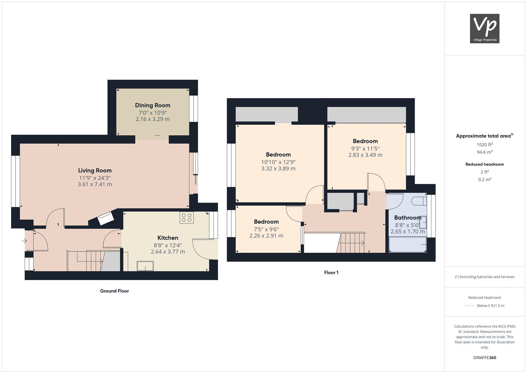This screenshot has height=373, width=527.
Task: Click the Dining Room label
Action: point(153,105)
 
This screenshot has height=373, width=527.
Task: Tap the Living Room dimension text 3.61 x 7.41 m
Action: point(95,184)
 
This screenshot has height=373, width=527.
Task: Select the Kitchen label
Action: point(168,238)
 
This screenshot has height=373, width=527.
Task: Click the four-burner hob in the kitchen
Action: point(187,218)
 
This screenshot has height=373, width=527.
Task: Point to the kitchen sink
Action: point(145,266)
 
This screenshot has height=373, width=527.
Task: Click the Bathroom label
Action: point(408,218)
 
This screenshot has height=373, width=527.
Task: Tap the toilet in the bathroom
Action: point(419,201)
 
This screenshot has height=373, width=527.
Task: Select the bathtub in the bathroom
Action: point(408,245)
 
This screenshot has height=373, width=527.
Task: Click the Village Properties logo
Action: point(485,28)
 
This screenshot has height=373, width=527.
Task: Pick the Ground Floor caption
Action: point(115,291)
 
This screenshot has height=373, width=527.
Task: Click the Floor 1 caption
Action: point(331,272)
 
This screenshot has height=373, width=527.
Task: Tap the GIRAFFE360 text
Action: point(485,357)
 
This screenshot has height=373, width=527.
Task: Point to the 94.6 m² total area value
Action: point(485,152)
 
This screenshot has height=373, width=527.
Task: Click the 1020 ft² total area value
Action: point(485,145)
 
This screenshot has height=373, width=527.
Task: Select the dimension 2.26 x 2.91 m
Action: point(266,236)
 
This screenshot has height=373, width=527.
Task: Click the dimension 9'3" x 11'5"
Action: point(365,149)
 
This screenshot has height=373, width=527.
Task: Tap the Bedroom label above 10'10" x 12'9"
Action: point(278,154)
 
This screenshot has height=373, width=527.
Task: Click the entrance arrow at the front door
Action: point(25,241)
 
